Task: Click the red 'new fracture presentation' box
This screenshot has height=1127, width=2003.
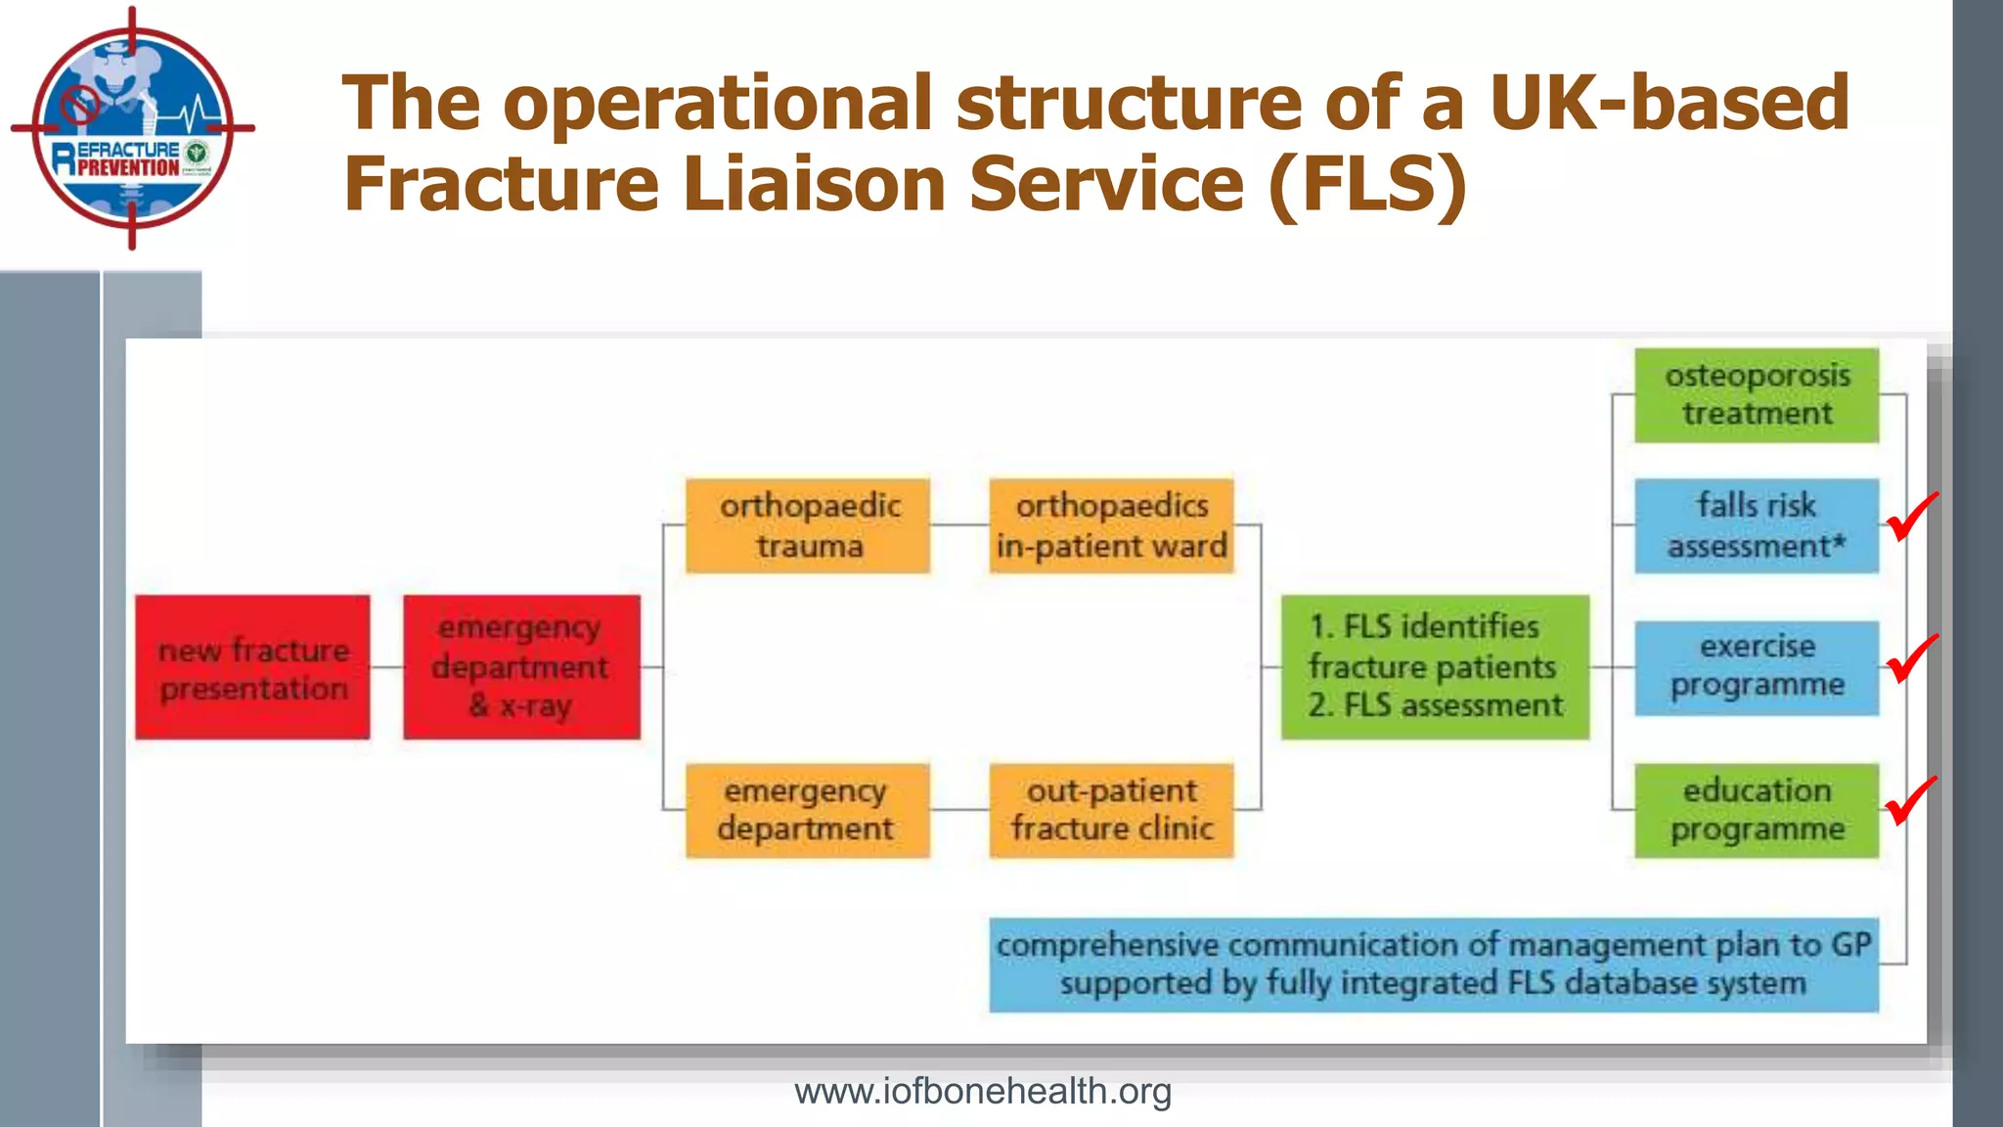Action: [x=252, y=667]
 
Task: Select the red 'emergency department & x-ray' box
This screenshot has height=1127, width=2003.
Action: [x=521, y=667]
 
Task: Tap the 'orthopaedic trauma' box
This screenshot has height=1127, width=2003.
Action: [x=808, y=525]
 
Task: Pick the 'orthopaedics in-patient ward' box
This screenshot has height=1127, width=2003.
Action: [x=1111, y=525]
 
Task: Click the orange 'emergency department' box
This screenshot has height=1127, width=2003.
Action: [x=808, y=810]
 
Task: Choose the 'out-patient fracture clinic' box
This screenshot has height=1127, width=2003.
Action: [x=1111, y=810]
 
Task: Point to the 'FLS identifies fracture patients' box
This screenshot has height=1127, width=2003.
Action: [x=1435, y=667]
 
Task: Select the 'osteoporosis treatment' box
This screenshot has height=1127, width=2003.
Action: [x=1757, y=395]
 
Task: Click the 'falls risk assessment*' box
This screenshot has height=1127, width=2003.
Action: [x=1757, y=525]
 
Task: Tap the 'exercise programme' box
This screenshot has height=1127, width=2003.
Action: [x=1757, y=667]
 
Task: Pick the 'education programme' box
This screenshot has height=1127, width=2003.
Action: [x=1757, y=810]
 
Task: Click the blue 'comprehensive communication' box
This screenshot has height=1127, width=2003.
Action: [x=1433, y=965]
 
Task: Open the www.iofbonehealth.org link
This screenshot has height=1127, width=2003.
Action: [x=982, y=1091]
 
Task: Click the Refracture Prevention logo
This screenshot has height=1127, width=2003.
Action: [x=133, y=128]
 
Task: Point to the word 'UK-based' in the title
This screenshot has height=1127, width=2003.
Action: [x=1669, y=103]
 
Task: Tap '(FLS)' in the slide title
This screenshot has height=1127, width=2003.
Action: [x=1368, y=184]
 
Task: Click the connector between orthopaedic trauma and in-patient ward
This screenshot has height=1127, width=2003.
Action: [x=959, y=525]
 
